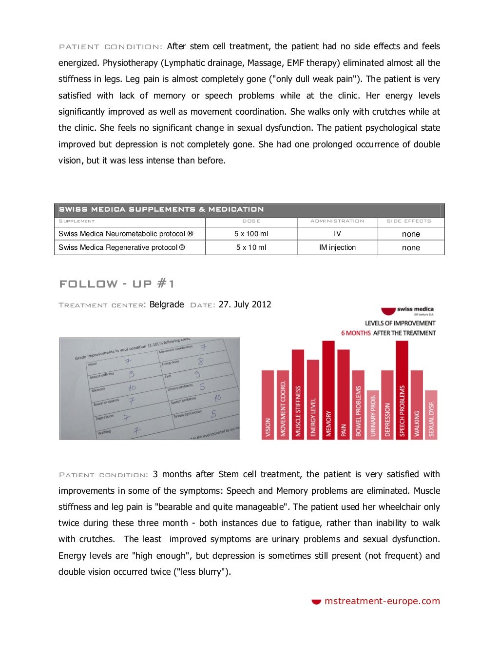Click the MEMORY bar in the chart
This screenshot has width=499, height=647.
(328, 390)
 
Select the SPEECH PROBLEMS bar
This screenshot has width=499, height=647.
(402, 390)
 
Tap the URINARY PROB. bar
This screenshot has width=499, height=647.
(373, 415)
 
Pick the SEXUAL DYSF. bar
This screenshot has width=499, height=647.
(431, 415)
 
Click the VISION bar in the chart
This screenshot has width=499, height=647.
(268, 405)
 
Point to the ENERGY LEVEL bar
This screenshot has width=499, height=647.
(313, 400)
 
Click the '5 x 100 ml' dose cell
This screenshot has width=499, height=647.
(251, 234)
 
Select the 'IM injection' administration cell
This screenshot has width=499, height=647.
(337, 247)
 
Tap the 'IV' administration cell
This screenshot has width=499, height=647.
(337, 234)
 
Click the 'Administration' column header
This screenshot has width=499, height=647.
(337, 221)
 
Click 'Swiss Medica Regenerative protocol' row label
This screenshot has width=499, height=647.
(121, 247)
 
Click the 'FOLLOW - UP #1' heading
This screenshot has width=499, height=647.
(116, 283)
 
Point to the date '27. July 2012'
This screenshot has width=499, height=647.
(245, 304)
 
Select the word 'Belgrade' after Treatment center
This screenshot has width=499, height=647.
(167, 304)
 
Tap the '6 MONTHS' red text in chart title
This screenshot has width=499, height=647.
(356, 333)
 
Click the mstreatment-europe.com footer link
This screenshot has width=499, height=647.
(382, 601)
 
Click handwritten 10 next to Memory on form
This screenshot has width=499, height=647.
(132, 387)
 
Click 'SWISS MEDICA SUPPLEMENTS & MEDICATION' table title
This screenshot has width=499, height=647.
(161, 209)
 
